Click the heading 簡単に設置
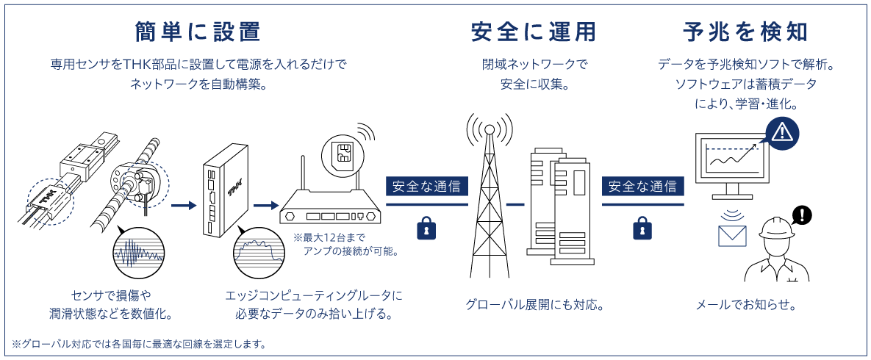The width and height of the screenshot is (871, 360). [x=198, y=32]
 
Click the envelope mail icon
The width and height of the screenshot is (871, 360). [x=732, y=236]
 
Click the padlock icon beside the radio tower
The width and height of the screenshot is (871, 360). [x=426, y=228]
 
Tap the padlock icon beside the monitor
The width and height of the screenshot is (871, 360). [x=643, y=228]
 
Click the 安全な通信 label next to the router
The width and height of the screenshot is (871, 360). [x=426, y=185]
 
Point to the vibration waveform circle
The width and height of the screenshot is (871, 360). [x=137, y=251]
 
